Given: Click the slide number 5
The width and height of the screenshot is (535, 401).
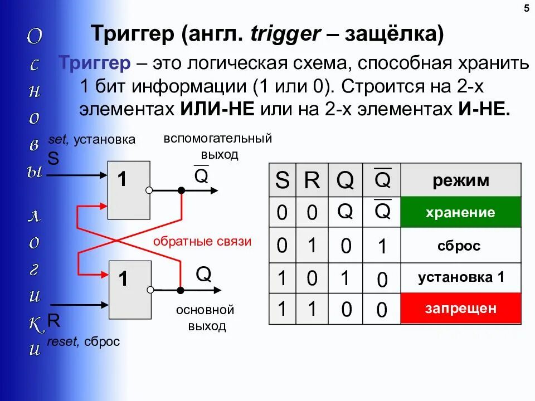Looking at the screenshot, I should (527, 8).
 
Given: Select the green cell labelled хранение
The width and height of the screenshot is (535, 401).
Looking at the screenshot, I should (460, 212).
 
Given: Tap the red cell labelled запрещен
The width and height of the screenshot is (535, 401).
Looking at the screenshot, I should (460, 308).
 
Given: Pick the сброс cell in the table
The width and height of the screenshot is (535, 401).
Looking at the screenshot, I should (460, 246).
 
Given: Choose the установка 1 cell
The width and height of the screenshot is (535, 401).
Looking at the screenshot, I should (460, 277).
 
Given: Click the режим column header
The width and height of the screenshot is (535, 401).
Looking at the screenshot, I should (460, 180).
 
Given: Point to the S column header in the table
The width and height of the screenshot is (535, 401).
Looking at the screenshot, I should (283, 181).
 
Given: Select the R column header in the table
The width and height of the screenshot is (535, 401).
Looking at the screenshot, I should (312, 181).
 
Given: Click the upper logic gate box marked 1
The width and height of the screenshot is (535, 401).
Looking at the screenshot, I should (129, 190).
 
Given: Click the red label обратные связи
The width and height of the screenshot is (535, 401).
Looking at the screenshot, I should (202, 242).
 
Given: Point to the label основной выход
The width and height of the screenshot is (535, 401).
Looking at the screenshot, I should (205, 318).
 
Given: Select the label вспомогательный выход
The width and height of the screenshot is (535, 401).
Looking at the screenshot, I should (217, 146).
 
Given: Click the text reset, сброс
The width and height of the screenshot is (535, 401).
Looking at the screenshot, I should (84, 341).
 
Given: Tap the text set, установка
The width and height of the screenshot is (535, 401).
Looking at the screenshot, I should (92, 139).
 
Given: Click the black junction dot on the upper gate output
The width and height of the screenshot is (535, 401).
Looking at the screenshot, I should (181, 190).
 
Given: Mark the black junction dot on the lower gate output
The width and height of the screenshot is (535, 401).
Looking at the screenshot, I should (181, 290).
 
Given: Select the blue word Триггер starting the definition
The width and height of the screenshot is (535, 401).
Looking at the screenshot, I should (95, 63).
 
